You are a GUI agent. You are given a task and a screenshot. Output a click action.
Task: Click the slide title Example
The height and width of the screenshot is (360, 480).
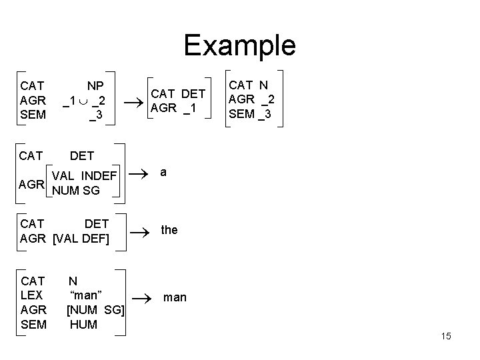239,45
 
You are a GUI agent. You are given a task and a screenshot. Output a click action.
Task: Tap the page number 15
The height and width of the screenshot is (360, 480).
445,336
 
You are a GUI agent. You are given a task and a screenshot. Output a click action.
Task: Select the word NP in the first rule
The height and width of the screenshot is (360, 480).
96,85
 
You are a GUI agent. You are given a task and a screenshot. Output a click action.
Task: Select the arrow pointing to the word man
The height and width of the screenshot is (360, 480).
138,297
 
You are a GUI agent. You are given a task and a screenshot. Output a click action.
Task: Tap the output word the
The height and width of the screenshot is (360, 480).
169,230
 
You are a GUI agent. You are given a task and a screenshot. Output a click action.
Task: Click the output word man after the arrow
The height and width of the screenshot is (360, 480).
175,297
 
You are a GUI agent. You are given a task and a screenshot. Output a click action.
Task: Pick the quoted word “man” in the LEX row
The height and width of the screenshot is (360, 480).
85,295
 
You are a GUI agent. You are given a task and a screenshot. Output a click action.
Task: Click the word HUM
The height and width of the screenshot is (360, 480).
83,325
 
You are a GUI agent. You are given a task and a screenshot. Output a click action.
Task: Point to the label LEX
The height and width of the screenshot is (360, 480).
32,295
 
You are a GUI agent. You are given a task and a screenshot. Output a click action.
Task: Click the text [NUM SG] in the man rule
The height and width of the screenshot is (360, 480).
95,310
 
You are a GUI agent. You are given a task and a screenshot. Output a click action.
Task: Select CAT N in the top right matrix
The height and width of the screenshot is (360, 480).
249,85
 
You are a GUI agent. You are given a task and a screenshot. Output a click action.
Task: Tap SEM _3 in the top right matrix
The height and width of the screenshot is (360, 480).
250,114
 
